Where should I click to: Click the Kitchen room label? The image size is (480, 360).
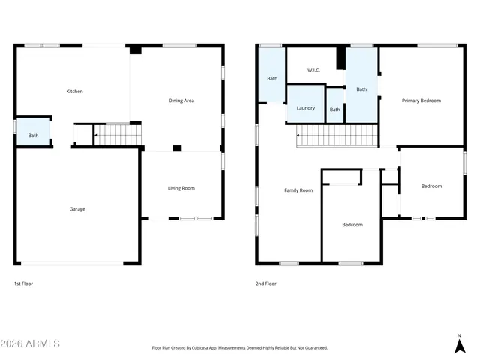[x=74, y=91]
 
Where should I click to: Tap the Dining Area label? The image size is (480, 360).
[x=181, y=100]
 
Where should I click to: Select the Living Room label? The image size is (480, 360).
[x=181, y=188]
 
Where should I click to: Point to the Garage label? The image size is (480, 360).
[x=77, y=209]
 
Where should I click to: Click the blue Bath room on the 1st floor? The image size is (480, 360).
[x=34, y=132]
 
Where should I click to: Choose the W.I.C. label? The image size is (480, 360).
[x=313, y=70]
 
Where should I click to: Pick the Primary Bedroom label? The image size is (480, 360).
[x=421, y=100]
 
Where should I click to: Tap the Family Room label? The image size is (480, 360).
[x=298, y=190]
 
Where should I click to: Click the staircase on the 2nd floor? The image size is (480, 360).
[x=337, y=136]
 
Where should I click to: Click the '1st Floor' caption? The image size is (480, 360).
[x=23, y=283]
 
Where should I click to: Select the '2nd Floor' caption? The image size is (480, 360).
[x=266, y=283]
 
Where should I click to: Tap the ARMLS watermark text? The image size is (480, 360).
[x=31, y=343]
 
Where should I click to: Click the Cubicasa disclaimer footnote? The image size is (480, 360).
[x=239, y=348]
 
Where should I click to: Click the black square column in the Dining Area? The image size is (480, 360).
[x=177, y=148]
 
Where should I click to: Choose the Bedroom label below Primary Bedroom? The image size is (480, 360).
[x=431, y=186]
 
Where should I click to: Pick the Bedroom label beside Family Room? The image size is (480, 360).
[x=352, y=225]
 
